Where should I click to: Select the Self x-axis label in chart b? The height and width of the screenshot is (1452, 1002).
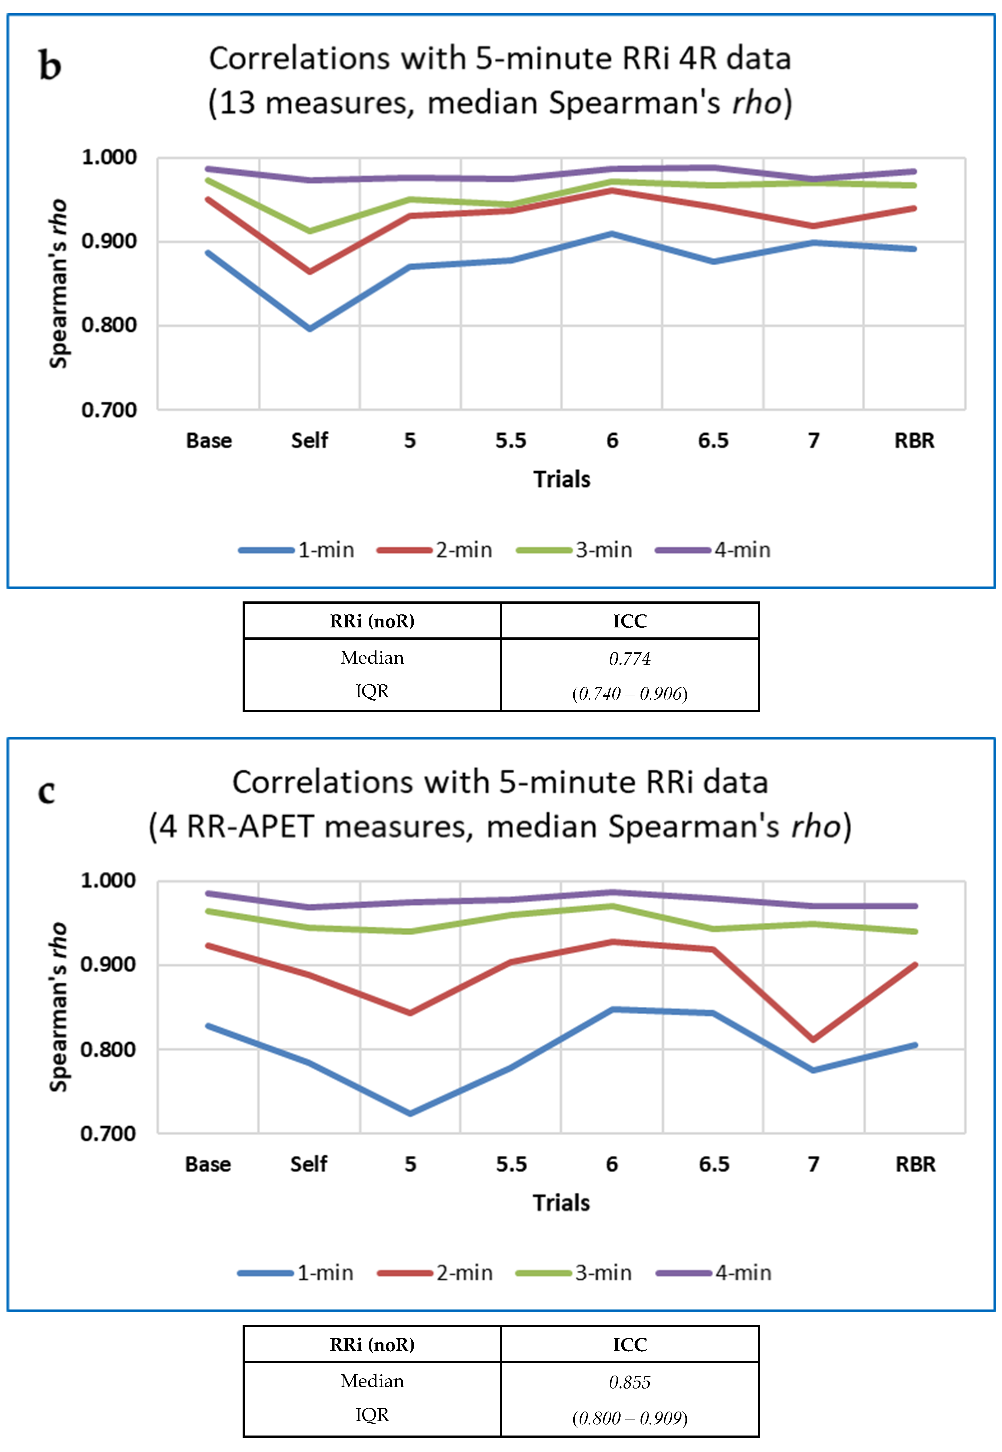click(x=309, y=440)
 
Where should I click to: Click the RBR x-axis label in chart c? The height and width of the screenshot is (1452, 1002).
click(x=915, y=1164)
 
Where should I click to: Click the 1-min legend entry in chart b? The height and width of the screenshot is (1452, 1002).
click(x=296, y=550)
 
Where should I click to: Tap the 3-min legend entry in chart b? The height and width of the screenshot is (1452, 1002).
click(x=574, y=550)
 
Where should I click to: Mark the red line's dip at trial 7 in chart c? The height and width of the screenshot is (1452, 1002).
click(x=814, y=1039)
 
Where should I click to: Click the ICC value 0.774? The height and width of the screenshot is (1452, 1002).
click(x=630, y=659)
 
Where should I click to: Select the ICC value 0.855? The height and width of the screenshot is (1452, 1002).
click(x=630, y=1382)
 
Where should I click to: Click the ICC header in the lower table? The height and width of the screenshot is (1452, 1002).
click(x=630, y=1345)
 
